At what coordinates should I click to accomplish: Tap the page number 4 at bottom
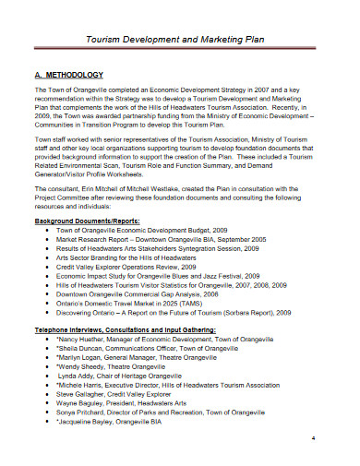coord(315,437)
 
